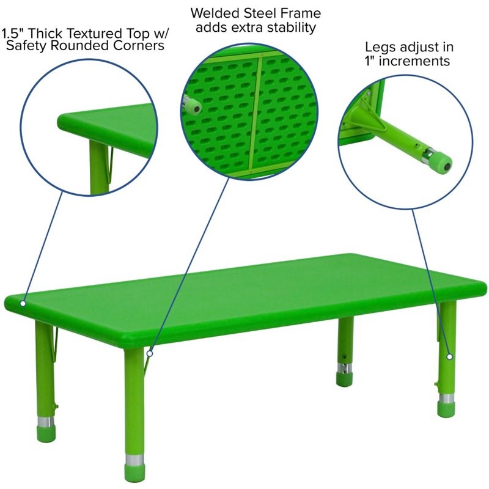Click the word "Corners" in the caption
point(139,45)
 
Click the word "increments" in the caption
point(414,61)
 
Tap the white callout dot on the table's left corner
point(23,303)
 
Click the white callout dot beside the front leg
point(150,353)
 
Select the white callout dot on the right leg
point(450,356)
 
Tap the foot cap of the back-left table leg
point(45,434)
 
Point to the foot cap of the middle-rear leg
point(345,379)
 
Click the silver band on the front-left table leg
point(134,459)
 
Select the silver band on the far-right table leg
point(446,399)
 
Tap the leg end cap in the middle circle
point(194,106)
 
